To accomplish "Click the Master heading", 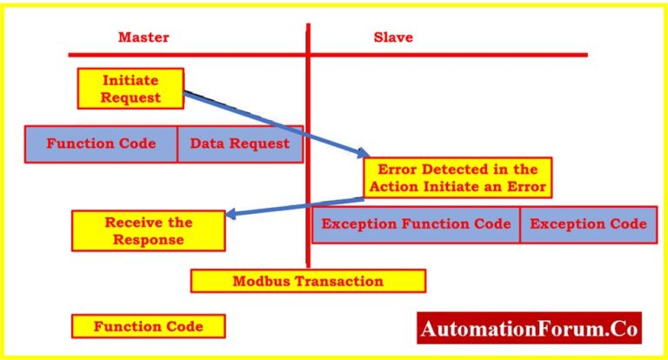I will click(144, 37).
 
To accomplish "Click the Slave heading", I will click(393, 37).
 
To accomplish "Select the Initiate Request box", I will click(130, 88).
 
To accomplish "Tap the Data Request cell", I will click(240, 143).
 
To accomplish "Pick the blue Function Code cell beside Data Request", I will click(101, 143).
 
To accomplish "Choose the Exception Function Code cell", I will click(416, 223).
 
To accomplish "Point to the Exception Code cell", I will click(588, 223).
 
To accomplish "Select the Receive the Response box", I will click(148, 230).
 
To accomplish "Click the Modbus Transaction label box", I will click(308, 281).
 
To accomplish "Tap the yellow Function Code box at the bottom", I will click(148, 327).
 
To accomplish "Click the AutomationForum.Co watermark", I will click(529, 330).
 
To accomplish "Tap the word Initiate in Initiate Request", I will click(130, 80).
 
